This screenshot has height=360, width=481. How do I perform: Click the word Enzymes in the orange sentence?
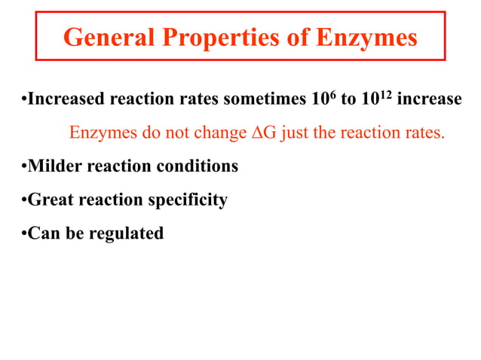101,134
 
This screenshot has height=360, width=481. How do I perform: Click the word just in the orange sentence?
293,134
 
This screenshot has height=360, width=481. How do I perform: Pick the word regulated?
126,233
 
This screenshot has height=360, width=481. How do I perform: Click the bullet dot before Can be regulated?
23,233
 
